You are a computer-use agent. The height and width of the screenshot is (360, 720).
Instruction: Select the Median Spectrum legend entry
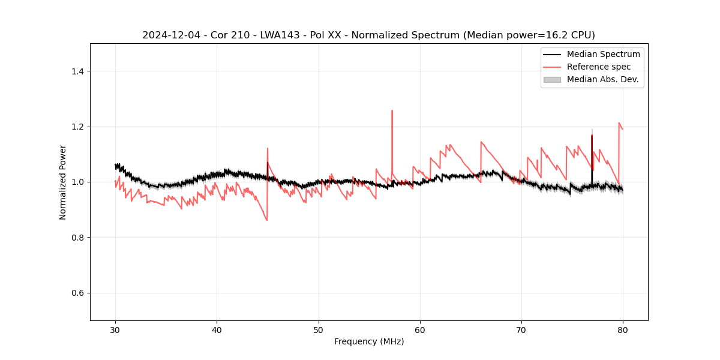point(603,54)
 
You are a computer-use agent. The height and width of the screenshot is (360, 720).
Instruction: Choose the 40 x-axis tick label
point(217,330)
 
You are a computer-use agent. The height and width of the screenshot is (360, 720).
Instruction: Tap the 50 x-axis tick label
point(319,330)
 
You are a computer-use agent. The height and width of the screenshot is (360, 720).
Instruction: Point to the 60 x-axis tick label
point(420,330)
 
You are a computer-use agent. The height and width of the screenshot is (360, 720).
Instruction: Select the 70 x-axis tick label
point(521,330)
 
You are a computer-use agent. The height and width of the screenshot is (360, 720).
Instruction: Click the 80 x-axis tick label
point(623,330)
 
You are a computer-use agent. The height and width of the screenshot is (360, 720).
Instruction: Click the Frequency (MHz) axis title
point(369,341)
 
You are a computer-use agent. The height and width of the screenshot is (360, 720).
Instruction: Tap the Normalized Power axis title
point(63,182)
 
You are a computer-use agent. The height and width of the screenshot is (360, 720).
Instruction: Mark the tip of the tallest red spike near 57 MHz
point(392,110)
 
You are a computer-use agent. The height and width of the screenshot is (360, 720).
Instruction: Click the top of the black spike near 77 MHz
point(592,136)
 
